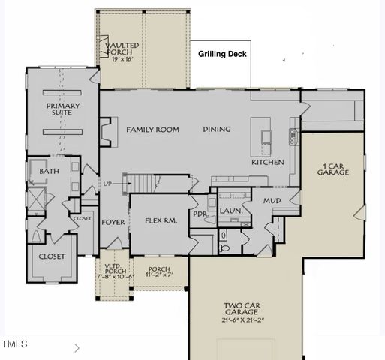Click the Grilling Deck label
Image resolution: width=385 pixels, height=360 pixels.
222,55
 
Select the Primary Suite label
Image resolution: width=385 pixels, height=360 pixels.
62,110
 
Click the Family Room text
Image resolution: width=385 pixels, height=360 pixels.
152,130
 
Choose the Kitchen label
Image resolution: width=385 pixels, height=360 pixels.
267,162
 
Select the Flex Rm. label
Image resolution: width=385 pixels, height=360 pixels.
160,220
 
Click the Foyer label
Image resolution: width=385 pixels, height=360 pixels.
113,221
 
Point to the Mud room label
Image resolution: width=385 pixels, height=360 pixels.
271,201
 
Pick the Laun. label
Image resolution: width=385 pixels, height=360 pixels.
231,211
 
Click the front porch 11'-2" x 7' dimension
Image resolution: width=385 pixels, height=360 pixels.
158,275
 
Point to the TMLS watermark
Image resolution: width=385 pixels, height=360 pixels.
14,344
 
